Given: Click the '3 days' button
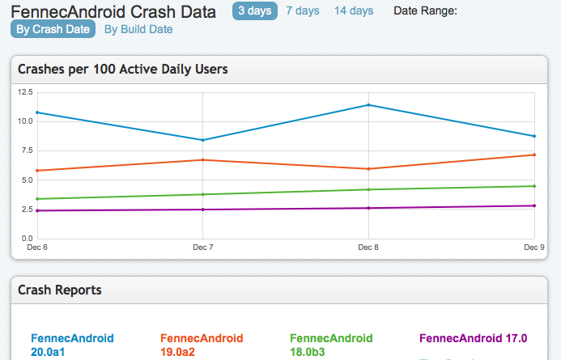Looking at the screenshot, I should pos(254,11).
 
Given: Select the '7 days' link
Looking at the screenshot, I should pos(303,11).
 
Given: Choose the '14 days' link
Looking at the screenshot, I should pos(354,11).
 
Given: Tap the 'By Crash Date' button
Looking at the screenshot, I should pos(53,29).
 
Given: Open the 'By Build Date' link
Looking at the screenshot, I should pos(138,29).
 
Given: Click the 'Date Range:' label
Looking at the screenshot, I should pos(425,11).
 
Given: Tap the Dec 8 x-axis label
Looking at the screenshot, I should pos(368,246).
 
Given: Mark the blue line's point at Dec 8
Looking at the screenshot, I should pos(368,104).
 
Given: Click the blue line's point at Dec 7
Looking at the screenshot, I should pos(203,140).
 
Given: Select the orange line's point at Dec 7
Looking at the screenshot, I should pos(203,160).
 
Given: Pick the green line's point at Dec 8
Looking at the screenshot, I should pos(368,189).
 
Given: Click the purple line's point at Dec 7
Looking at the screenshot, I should pos(203,210).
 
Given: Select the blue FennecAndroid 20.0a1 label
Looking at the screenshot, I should pos(72,345).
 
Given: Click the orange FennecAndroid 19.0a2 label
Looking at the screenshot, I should pos(202,345).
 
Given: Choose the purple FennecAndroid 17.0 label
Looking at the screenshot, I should pos(474,338).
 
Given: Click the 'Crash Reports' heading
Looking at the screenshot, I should pos(60,290).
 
